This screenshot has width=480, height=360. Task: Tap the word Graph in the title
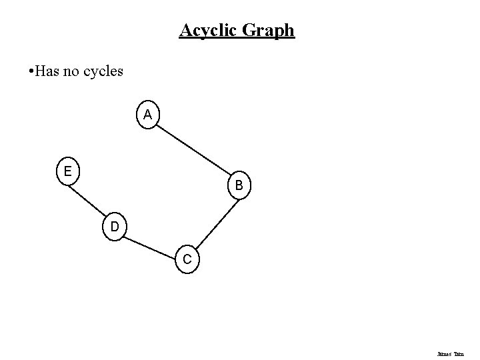[x=271, y=31]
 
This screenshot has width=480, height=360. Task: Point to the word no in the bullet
[x=72, y=70]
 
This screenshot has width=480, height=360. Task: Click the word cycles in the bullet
[x=103, y=71]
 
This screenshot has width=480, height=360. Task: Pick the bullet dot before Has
[x=24, y=71]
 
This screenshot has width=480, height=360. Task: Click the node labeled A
[x=147, y=115]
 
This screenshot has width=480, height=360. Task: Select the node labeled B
[x=239, y=185]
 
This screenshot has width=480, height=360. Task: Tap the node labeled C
[x=187, y=259]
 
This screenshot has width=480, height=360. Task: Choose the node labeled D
[x=115, y=227]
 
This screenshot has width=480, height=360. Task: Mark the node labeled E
[x=67, y=172]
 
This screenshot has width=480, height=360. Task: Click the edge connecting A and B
[x=193, y=151]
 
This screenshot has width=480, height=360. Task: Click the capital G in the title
[x=254, y=31]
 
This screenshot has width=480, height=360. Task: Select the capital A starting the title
[x=185, y=31]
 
